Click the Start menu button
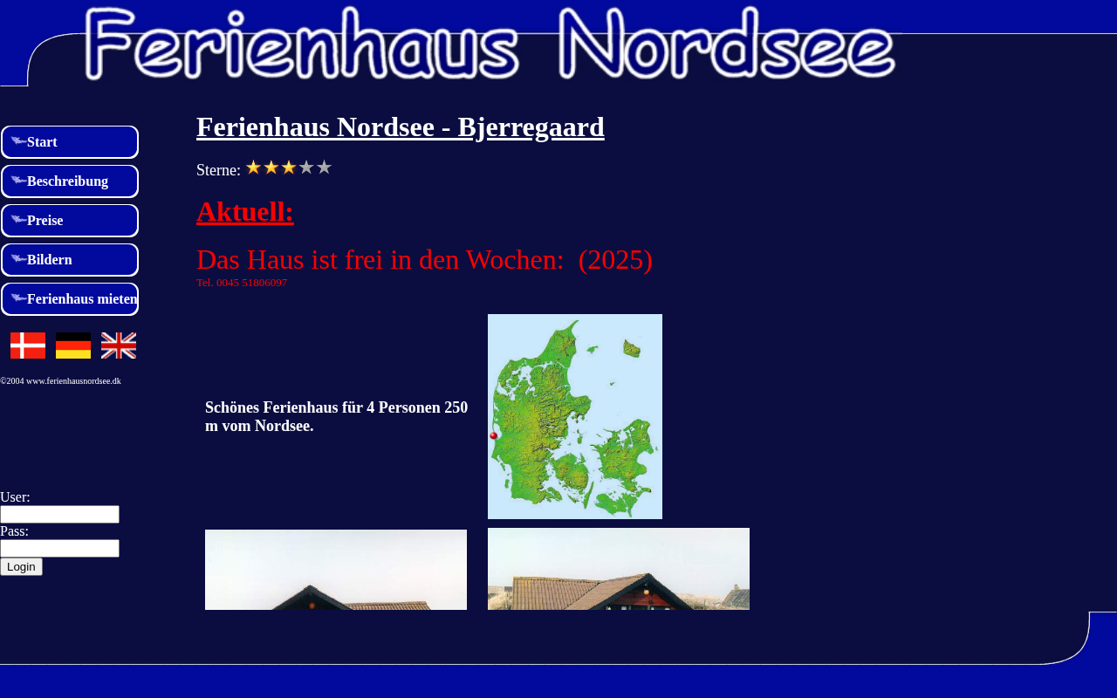(70, 142)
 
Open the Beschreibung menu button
(70, 181)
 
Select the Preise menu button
(70, 221)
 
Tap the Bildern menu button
(70, 260)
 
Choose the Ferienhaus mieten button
(70, 299)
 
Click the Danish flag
(28, 346)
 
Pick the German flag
(73, 346)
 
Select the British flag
(119, 346)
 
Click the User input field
(60, 515)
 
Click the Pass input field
(60, 549)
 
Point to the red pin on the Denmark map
(494, 435)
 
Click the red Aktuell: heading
(245, 212)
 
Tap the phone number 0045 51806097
(252, 283)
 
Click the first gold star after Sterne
(253, 168)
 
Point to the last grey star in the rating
(324, 168)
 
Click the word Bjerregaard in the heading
(531, 127)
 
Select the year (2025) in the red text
(615, 260)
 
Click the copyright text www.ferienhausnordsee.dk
(73, 381)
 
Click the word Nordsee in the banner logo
(727, 44)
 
